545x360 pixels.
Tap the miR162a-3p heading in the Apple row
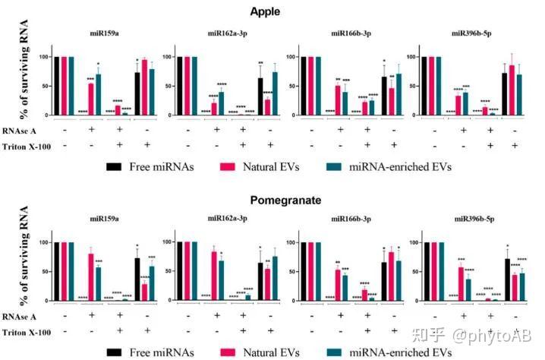coord(224,34)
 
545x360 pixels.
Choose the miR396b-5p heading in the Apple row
coord(469,34)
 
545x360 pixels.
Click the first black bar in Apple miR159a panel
coord(57,85)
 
